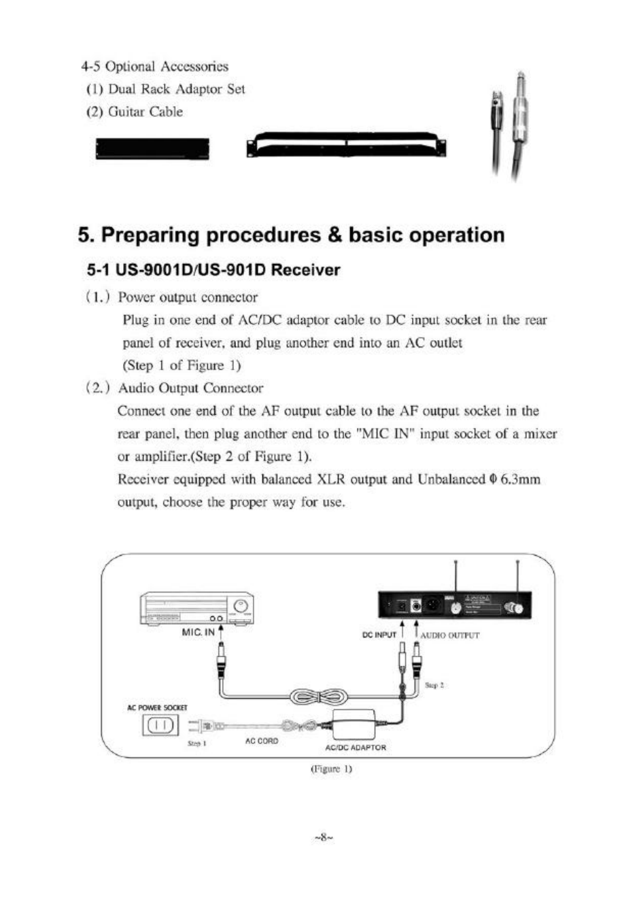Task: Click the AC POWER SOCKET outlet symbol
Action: tap(158, 725)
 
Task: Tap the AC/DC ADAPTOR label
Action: tap(356, 748)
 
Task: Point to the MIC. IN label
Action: tap(198, 632)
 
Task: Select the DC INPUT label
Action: tap(379, 635)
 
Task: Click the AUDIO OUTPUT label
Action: tap(449, 635)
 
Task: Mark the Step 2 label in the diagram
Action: tap(434, 685)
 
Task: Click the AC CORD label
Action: tap(262, 741)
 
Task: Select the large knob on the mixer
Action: tap(241, 606)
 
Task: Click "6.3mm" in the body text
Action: tap(519, 480)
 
